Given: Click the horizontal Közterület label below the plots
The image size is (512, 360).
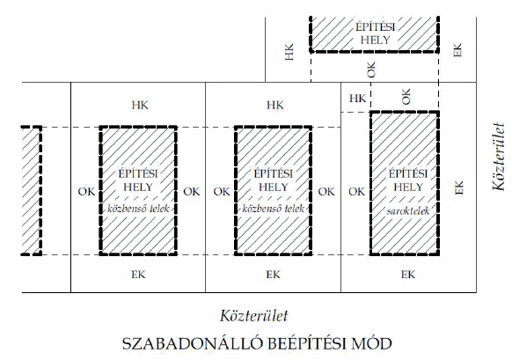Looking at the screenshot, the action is tap(254, 316).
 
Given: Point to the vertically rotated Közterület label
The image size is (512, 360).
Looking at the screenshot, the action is tap(499, 157).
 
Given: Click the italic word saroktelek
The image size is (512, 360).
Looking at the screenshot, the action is tap(408, 211).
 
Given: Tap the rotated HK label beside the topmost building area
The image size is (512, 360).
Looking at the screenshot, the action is tap(289, 52).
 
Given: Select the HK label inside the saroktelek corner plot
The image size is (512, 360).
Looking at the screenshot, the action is tap(357, 98).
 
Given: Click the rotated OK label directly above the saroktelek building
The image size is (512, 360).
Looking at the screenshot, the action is tap(406, 96).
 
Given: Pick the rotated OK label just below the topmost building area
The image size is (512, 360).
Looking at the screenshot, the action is tap(371, 70).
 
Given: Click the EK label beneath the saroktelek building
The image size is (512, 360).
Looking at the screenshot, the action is tap(408, 275).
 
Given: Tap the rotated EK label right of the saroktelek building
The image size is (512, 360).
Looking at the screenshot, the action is tap(458, 187).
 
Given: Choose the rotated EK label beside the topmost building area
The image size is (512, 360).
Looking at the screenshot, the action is tap(457, 50).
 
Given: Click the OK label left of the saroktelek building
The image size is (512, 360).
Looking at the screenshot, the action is tap(356, 191).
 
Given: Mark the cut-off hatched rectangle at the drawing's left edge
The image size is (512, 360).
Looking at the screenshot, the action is tap(32, 190).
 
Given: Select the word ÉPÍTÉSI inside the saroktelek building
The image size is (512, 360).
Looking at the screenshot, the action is tap(408, 173).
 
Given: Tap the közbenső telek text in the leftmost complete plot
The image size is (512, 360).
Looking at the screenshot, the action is tap(138, 209).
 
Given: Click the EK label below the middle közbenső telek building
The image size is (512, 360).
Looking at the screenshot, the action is tap(273, 275).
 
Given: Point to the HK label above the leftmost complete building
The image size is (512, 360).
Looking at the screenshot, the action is tap(140, 106).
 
